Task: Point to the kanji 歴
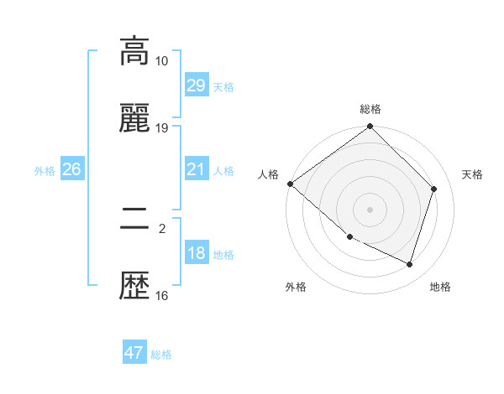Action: (x=134, y=287)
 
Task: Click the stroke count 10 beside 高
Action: (x=162, y=61)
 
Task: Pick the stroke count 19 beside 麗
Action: (x=162, y=128)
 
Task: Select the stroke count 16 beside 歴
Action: (x=162, y=295)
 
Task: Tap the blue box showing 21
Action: (x=196, y=170)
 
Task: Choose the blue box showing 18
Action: (x=196, y=254)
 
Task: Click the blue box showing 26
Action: (x=71, y=170)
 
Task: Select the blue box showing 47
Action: (x=134, y=353)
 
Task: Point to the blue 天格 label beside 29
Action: (x=223, y=86)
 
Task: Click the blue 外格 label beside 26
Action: (x=45, y=171)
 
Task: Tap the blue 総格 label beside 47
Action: (x=161, y=355)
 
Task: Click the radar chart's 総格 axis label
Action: (x=370, y=109)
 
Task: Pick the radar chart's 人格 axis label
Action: (x=268, y=174)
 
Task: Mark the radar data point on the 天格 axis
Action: (x=434, y=189)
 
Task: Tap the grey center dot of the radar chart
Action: (x=370, y=210)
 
